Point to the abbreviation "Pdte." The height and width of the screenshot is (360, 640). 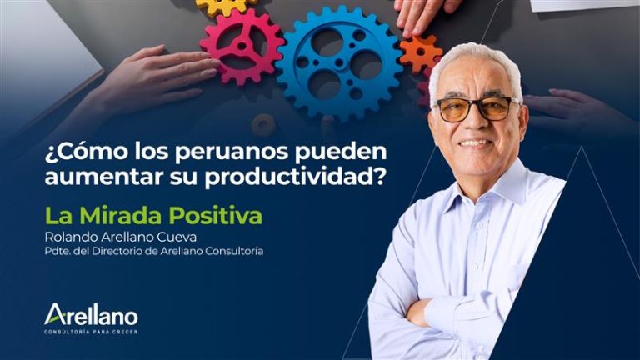(60, 251)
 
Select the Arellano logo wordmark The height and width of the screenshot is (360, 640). (91, 315)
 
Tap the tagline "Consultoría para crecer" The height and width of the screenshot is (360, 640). (91, 332)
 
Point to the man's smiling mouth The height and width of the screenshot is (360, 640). (476, 142)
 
